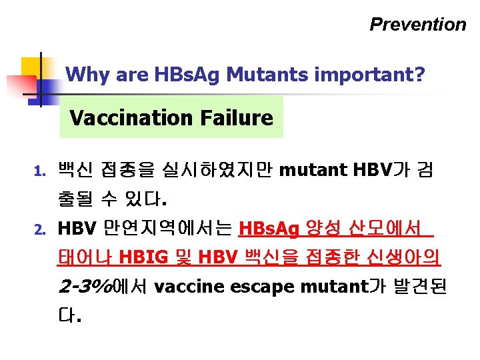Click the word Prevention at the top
(x=418, y=25)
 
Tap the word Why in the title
(x=88, y=74)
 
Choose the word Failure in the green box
(x=236, y=118)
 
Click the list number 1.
(x=38, y=172)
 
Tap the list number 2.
(x=38, y=230)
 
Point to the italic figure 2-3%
(x=86, y=287)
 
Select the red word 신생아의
(x=415, y=258)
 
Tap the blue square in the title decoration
(x=47, y=87)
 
